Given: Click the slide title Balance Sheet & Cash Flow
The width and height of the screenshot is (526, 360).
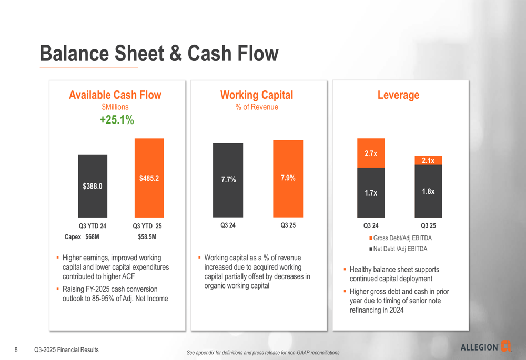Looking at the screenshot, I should pos(159,54).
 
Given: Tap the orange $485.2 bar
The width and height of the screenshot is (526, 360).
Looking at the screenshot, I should pos(149,178).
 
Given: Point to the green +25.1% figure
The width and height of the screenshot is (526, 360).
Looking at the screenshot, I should pos(117,120).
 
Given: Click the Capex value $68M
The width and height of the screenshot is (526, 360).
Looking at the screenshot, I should pos(92,237).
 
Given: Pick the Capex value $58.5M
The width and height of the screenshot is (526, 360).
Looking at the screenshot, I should pos(147,237).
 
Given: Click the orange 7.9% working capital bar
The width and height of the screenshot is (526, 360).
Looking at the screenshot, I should pos(288,179).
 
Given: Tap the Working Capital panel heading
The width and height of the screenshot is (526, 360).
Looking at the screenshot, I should pos(257,95).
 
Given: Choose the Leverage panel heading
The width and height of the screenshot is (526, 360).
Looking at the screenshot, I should pos(398,95).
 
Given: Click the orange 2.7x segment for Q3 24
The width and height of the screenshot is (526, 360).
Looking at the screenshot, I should pos(371,153).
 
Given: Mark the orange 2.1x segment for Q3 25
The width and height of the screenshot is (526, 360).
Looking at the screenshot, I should pos(428,160).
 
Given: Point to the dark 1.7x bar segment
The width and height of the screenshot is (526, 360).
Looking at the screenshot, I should pos(371,192).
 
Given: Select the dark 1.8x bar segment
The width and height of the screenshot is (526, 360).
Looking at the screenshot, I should pos(428,191).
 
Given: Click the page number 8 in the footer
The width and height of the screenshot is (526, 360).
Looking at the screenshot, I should pos(16,350).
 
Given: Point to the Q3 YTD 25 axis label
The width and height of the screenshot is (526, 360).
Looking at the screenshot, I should pos(147,226).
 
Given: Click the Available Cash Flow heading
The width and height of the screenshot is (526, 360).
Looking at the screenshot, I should pos(115,95).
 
